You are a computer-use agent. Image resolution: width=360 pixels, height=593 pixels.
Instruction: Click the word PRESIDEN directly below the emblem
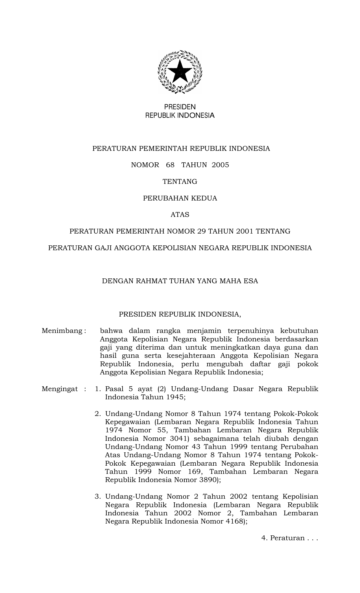pyautogui.click(x=180, y=107)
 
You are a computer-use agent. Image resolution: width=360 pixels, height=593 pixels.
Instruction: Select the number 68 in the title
pyautogui.click(x=170, y=165)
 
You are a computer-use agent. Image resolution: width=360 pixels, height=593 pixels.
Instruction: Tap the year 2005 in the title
pyautogui.click(x=220, y=165)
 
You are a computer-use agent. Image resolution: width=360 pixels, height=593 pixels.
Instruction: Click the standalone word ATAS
pyautogui.click(x=180, y=215)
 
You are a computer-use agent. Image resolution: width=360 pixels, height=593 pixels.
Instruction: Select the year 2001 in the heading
pyautogui.click(x=245, y=232)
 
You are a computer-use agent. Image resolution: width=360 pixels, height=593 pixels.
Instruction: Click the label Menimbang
pyautogui.click(x=62, y=331)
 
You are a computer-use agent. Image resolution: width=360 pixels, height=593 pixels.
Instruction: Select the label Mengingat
pyautogui.click(x=60, y=389)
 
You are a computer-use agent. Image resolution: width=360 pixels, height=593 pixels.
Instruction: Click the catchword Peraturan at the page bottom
pyautogui.click(x=287, y=538)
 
